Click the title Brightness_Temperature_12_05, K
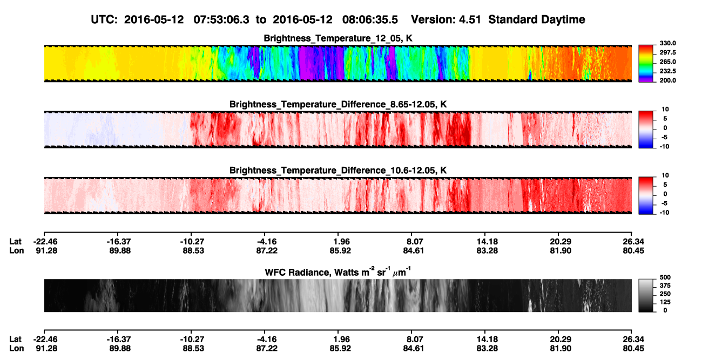tap(338, 38)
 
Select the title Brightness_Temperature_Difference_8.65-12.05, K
tap(338, 104)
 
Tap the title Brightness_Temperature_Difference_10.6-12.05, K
tap(338, 171)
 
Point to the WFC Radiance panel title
tap(338, 271)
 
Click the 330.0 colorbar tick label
tap(667, 43)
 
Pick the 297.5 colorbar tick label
tap(667, 52)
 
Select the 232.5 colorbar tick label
tap(667, 71)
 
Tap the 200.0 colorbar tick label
tap(667, 80)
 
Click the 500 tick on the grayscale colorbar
tap(665, 277)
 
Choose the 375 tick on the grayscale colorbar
tap(665, 286)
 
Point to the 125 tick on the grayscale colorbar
tap(665, 302)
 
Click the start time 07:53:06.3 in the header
tap(221, 20)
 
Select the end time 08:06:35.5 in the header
tap(370, 20)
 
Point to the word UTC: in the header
tap(104, 20)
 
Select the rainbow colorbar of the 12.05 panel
tap(646, 64)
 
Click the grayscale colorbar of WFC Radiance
tap(646, 295)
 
